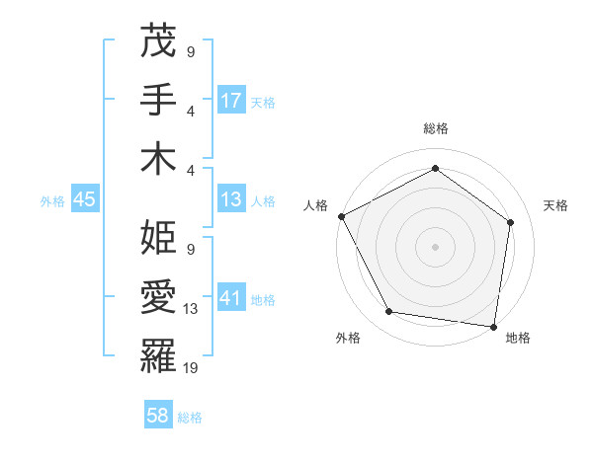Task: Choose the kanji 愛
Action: pyautogui.click(x=159, y=296)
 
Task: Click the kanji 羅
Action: pyautogui.click(x=159, y=354)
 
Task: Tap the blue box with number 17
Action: pyautogui.click(x=231, y=101)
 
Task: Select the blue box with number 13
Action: pyautogui.click(x=231, y=199)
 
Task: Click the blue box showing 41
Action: pyautogui.click(x=231, y=298)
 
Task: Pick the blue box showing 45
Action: pyautogui.click(x=85, y=199)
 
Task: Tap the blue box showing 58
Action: pyautogui.click(x=158, y=417)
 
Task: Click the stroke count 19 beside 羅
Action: pyautogui.click(x=191, y=367)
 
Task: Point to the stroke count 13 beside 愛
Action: pyautogui.click(x=191, y=309)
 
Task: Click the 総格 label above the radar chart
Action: pyautogui.click(x=436, y=128)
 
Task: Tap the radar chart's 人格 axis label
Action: pyautogui.click(x=316, y=205)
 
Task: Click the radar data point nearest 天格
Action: pyautogui.click(x=511, y=222)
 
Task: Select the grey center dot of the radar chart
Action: pyautogui.click(x=436, y=246)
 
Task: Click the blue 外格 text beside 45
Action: pyautogui.click(x=51, y=200)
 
